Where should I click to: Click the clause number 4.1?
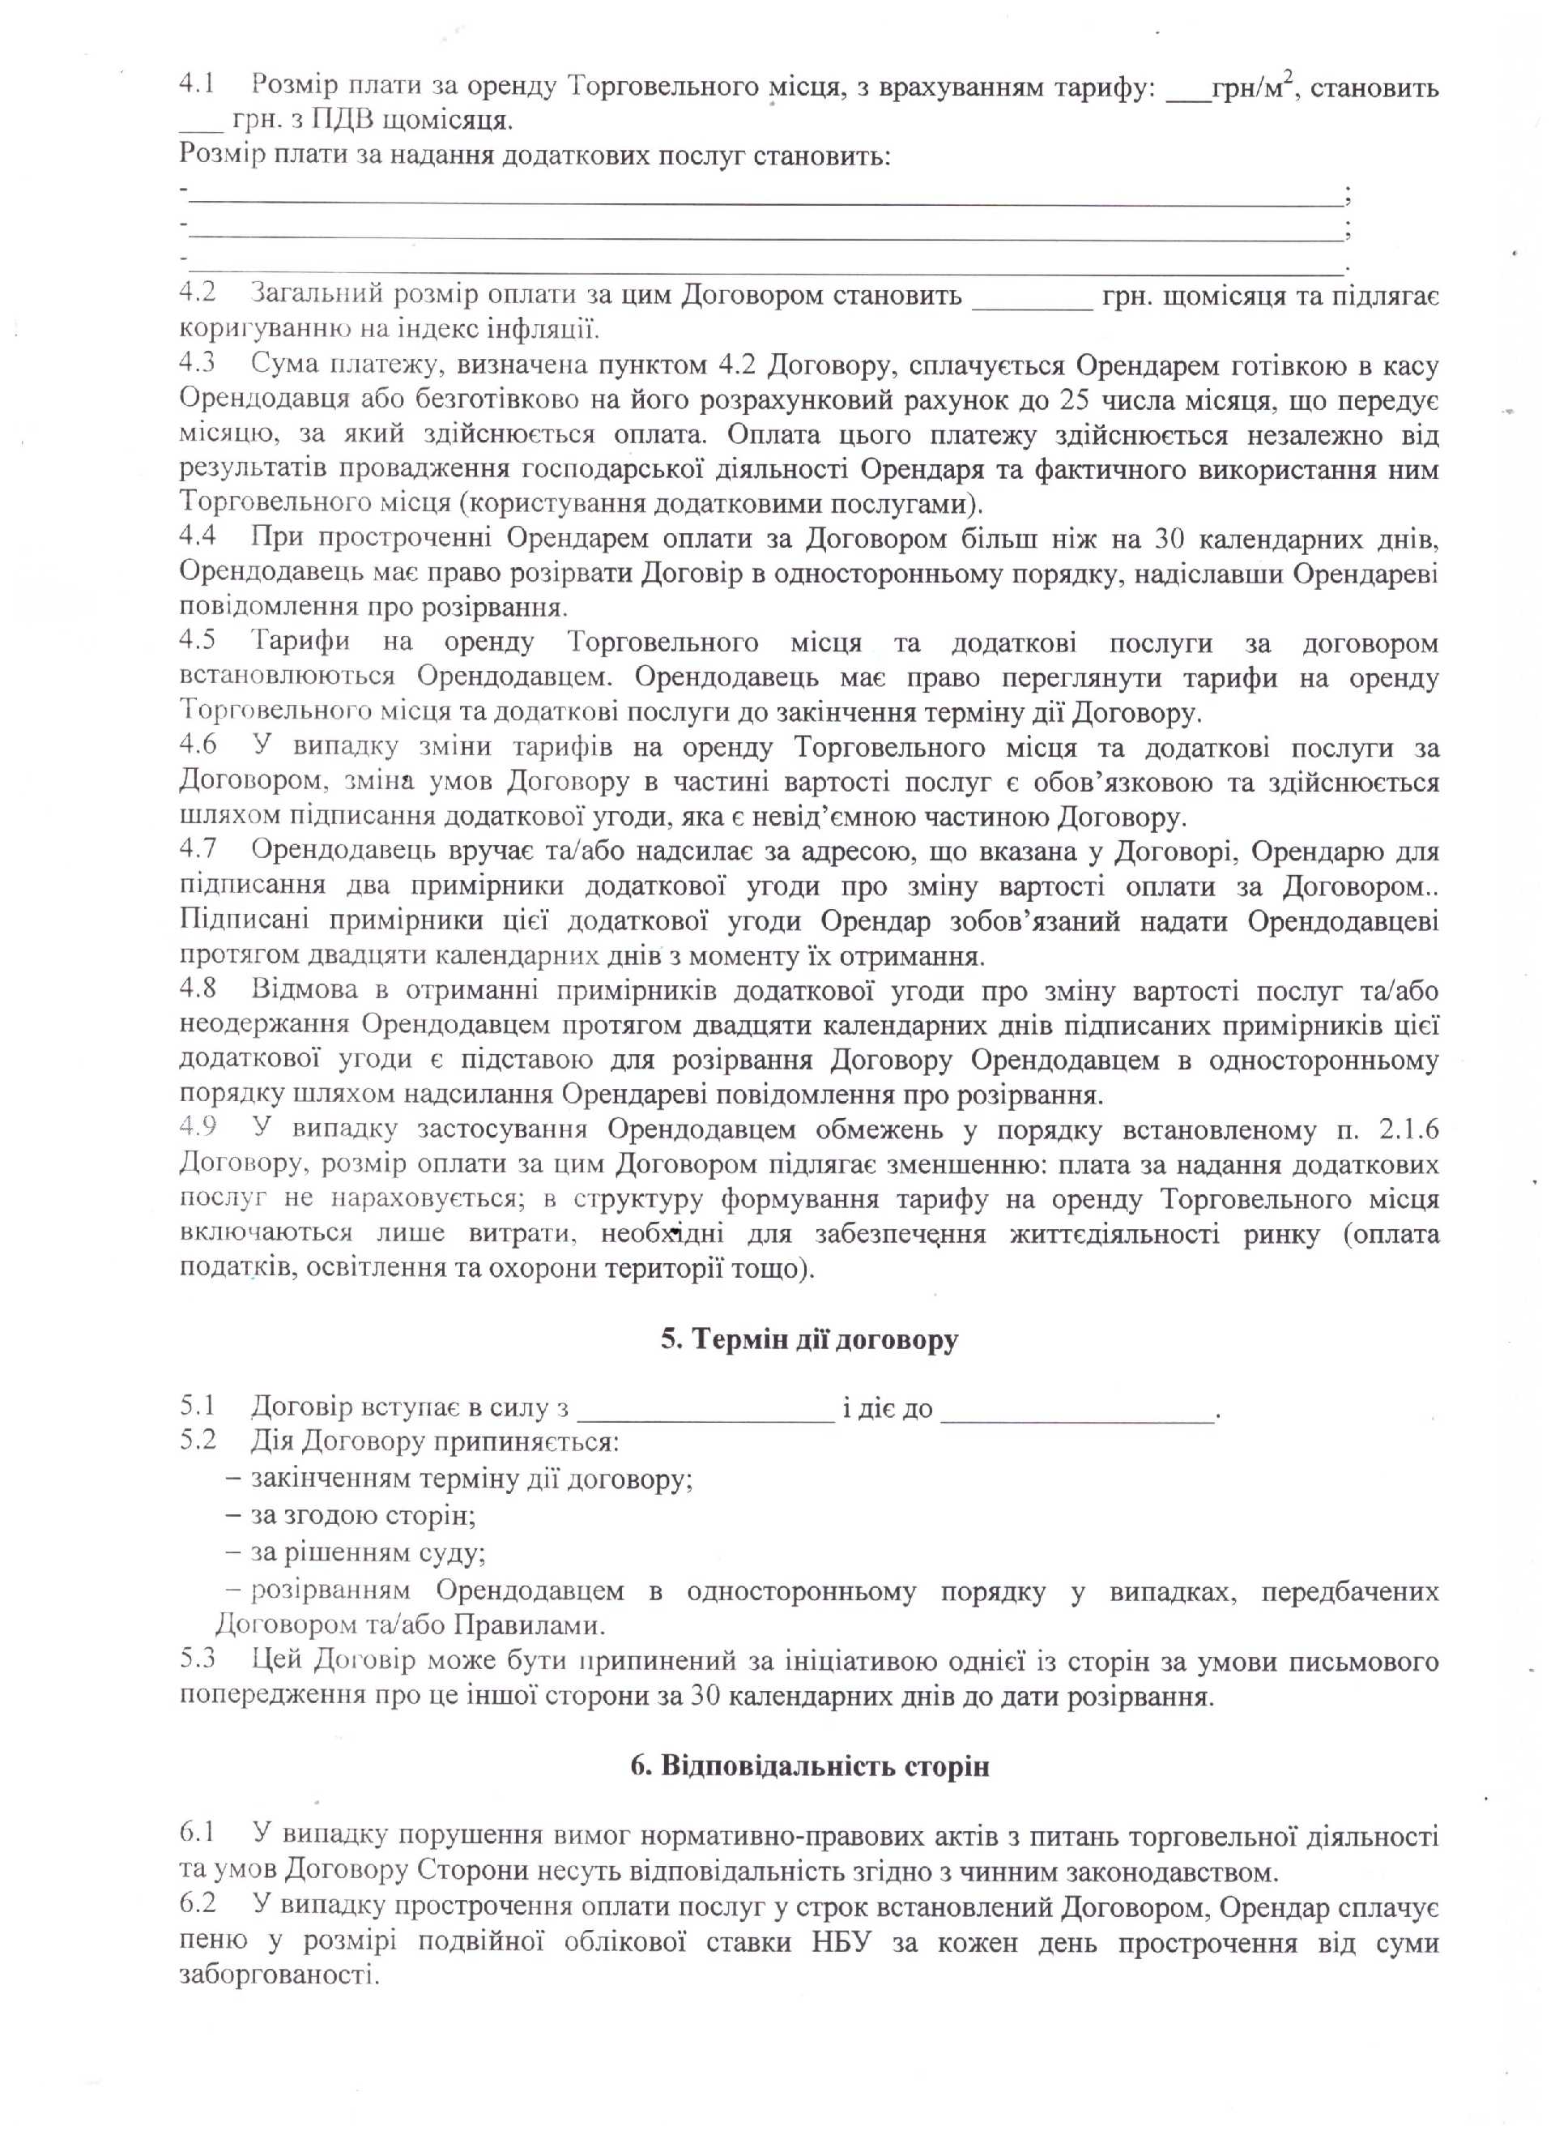[198, 87]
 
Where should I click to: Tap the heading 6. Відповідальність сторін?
[810, 1766]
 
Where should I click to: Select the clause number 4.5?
[198, 642]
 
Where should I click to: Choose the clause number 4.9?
[198, 1129]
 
